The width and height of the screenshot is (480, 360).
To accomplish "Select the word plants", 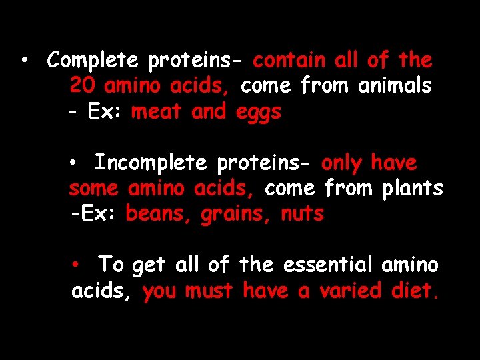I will pos(413,189).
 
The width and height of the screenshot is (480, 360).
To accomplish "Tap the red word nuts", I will pos(302,215).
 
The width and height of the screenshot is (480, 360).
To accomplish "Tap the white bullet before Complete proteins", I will pos(23,61).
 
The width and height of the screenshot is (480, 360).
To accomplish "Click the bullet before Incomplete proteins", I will pos(78,163).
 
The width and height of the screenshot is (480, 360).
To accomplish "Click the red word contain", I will pos(289,61).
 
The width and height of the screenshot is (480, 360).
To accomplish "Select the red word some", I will pos(93,189).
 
